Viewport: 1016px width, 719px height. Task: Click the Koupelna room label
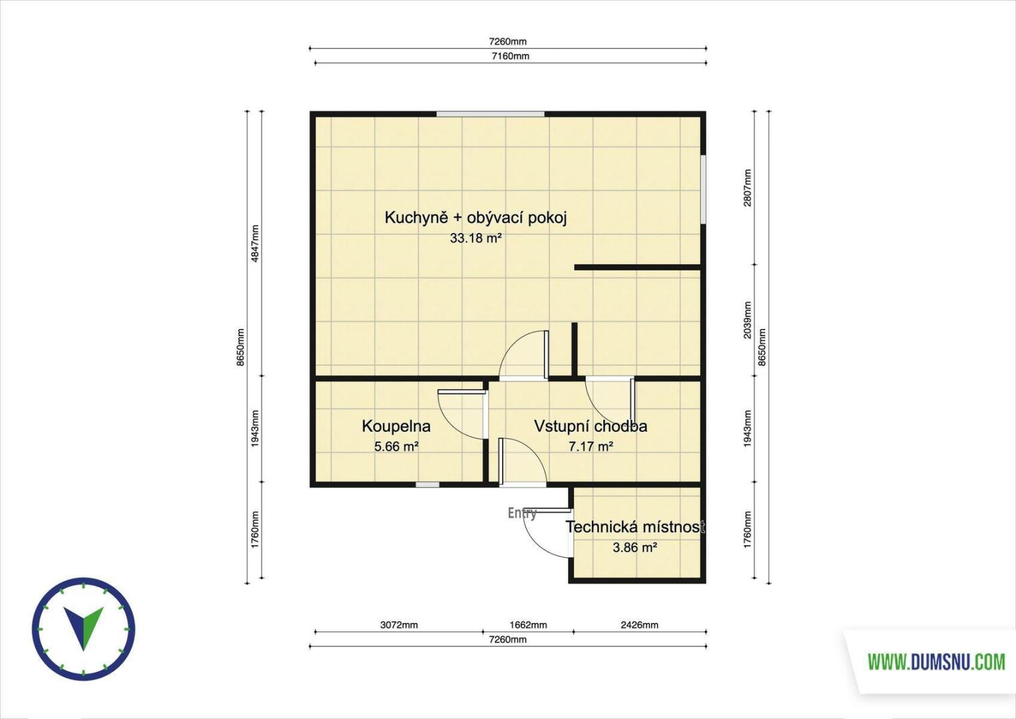click(396, 427)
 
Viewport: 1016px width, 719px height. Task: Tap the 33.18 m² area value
click(475, 238)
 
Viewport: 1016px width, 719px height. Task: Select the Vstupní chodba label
click(590, 427)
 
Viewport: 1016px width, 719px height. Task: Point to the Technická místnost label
click(635, 527)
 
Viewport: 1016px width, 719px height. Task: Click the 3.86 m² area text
click(635, 547)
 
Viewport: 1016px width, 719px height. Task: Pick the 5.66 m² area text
click(396, 447)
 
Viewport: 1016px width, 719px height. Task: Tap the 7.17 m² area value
click(591, 447)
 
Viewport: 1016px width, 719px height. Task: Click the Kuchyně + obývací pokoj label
click(476, 218)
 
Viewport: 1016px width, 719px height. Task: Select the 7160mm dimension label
click(510, 56)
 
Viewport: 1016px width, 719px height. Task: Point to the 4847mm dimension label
click(256, 244)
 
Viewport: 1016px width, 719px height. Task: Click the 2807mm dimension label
click(748, 188)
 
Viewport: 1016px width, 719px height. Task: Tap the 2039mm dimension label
click(748, 320)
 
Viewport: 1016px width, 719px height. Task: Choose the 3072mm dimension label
click(399, 625)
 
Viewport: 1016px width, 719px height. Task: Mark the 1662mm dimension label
click(528, 625)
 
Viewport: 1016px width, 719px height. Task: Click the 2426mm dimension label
click(639, 625)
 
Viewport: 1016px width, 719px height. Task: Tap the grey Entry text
click(522, 513)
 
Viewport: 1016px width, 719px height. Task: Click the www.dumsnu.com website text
click(936, 662)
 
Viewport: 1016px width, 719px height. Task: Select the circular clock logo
click(83, 628)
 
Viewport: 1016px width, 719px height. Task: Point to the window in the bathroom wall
click(427, 485)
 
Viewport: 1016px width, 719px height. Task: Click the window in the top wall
click(490, 114)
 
